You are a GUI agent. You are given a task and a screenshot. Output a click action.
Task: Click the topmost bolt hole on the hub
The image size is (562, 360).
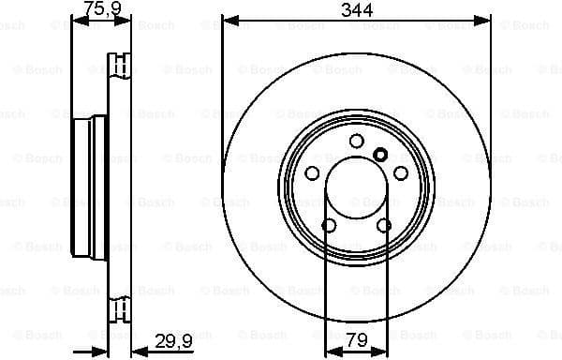[x=356, y=141]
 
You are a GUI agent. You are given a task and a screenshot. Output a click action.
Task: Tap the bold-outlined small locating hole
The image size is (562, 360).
[x=379, y=156]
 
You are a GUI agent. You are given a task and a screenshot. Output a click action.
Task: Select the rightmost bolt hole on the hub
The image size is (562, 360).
[x=401, y=173]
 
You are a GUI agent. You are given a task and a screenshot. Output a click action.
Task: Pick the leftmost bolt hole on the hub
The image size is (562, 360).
[x=311, y=173]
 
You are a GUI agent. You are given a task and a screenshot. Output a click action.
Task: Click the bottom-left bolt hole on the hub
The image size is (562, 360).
[x=329, y=226]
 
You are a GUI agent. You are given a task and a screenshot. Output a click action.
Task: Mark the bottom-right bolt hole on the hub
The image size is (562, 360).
[x=384, y=226]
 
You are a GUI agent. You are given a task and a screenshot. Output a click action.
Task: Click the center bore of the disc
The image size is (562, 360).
[x=356, y=187]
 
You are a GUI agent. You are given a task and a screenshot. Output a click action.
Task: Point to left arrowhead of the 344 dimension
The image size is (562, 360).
[x=227, y=19]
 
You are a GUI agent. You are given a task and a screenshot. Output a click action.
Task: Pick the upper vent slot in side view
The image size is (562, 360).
[x=119, y=66]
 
